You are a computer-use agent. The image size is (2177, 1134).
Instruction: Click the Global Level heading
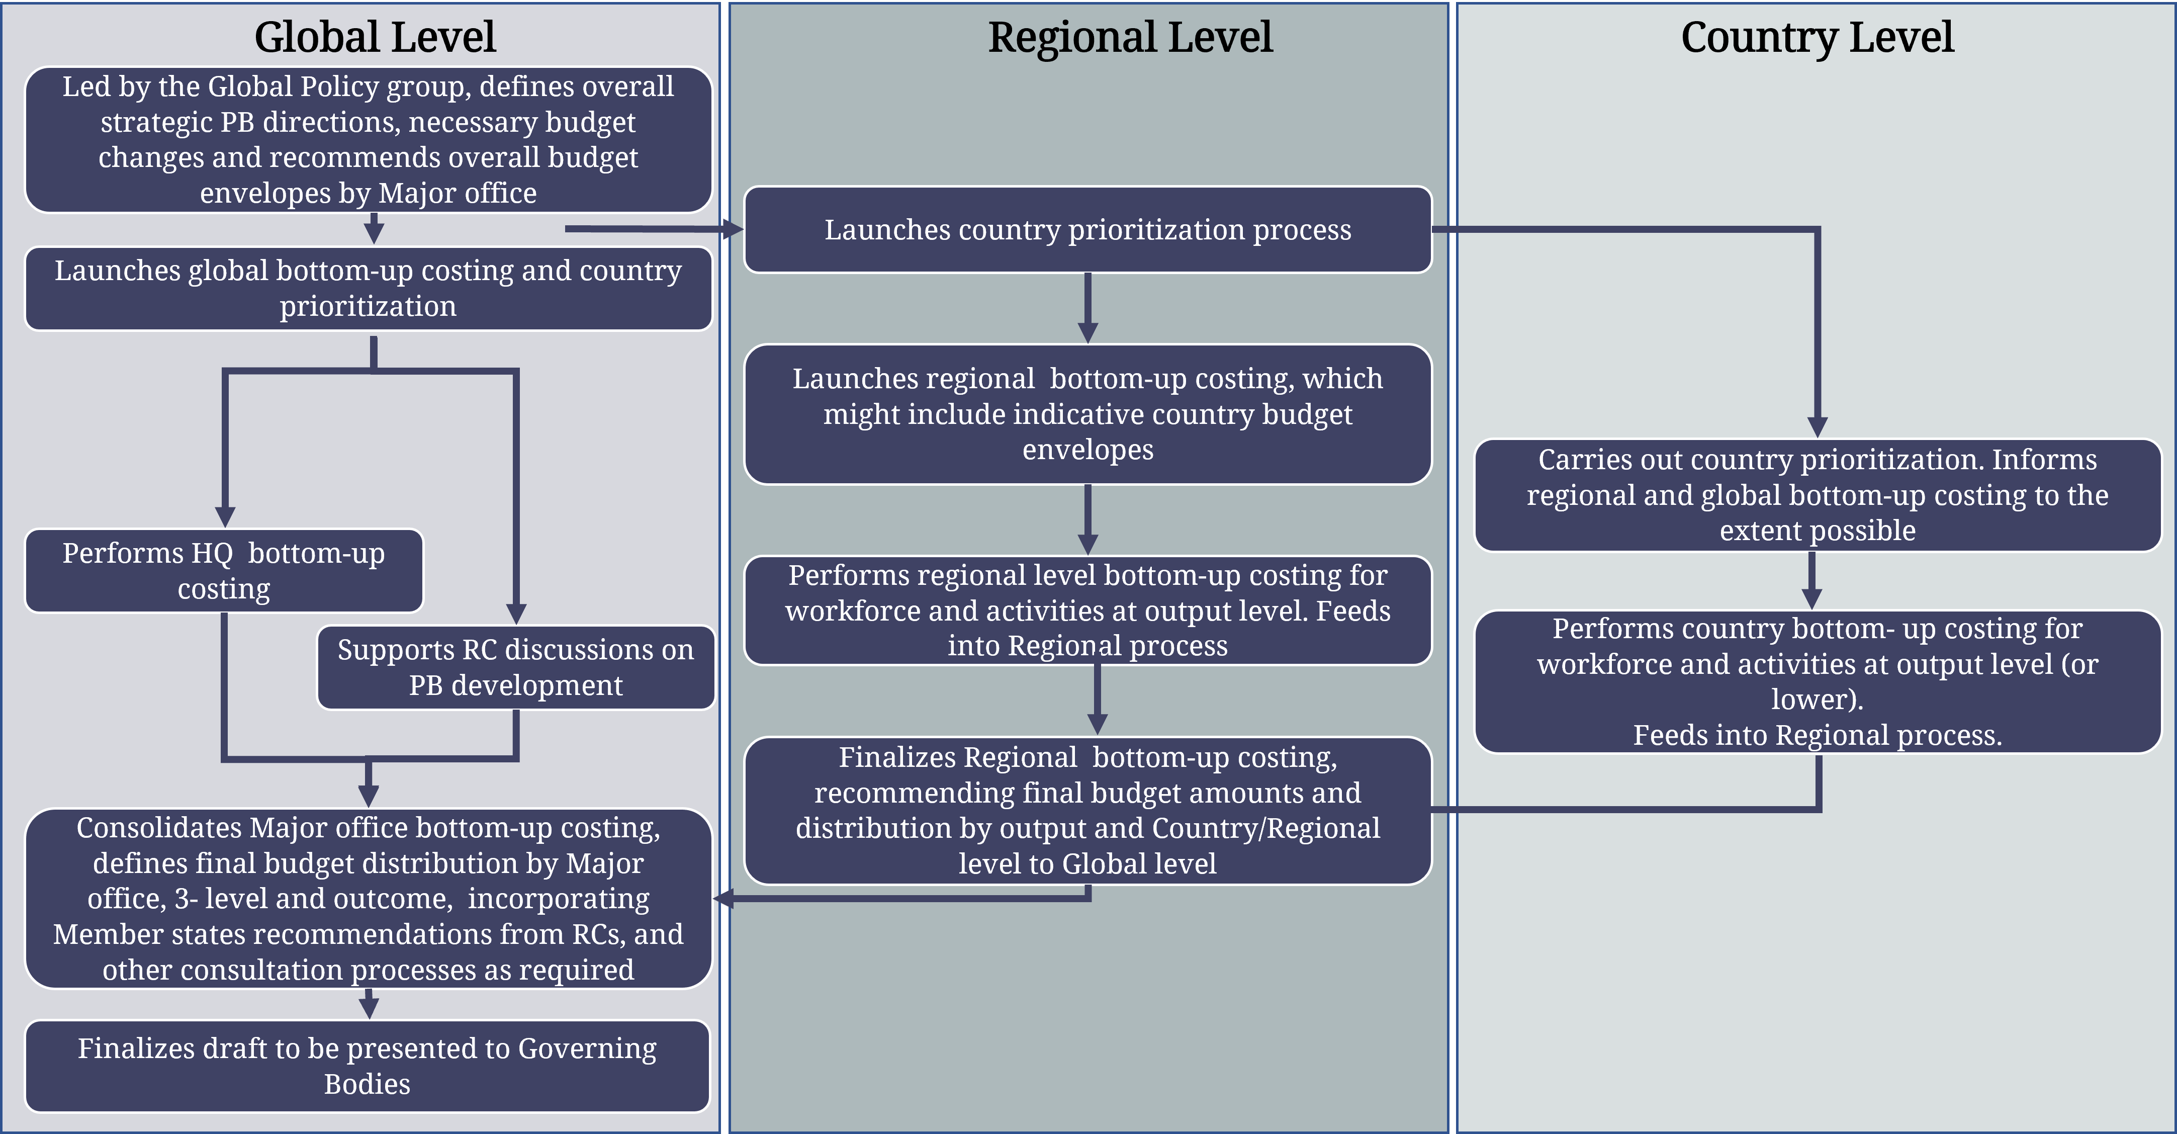pyautogui.click(x=375, y=37)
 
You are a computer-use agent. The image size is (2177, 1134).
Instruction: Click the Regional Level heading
pyautogui.click(x=1130, y=37)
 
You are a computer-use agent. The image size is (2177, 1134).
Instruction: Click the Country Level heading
pyautogui.click(x=1817, y=37)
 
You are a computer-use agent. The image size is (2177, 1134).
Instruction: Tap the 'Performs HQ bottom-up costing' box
pyautogui.click(x=224, y=570)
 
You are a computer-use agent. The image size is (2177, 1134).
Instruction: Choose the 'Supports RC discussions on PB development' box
pyautogui.click(x=515, y=667)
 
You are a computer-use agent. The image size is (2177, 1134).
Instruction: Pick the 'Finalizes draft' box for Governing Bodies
pyautogui.click(x=368, y=1066)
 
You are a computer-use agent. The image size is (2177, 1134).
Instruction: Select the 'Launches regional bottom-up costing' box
pyautogui.click(x=1087, y=414)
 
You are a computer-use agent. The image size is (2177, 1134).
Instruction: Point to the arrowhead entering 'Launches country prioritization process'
pyautogui.click(x=733, y=229)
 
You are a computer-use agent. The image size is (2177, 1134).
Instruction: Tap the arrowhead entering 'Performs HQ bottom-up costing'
pyautogui.click(x=225, y=517)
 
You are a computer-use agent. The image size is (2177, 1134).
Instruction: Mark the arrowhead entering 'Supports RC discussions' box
pyautogui.click(x=516, y=615)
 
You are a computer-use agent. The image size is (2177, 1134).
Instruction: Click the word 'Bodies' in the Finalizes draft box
pyautogui.click(x=368, y=1084)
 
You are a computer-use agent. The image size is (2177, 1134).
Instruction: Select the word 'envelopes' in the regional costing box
pyautogui.click(x=1087, y=450)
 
